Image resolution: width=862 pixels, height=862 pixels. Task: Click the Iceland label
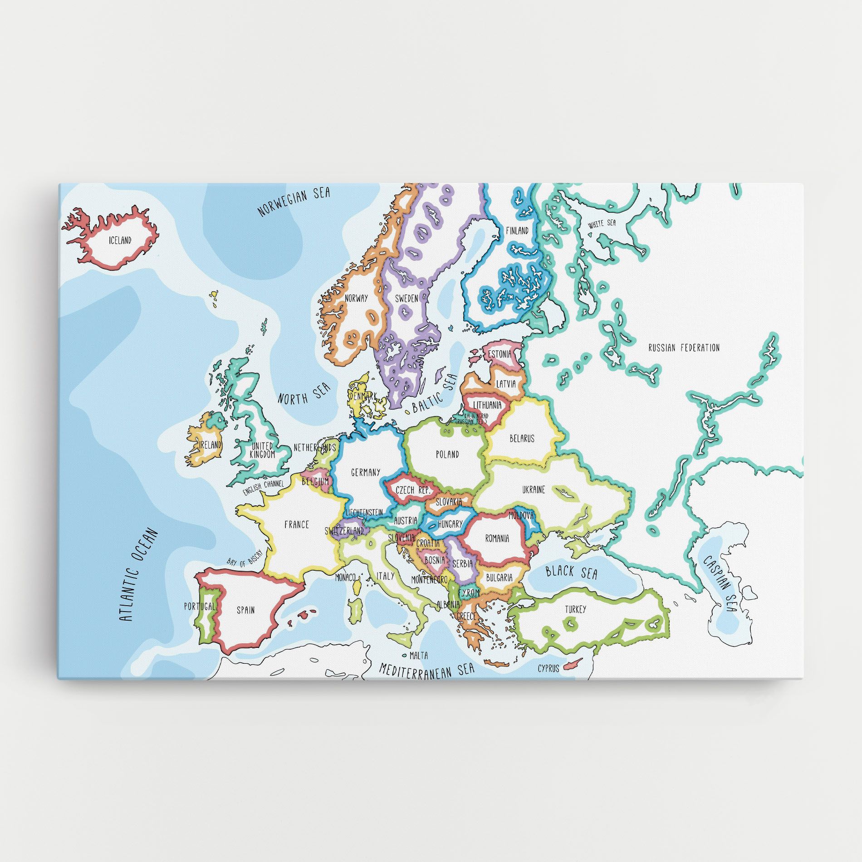pos(120,240)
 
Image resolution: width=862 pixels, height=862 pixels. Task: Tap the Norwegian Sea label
pos(294,202)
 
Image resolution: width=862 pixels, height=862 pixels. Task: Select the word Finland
pos(517,230)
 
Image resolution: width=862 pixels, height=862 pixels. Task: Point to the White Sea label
pos(602,224)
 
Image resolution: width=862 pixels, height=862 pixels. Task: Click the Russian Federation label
pos(684,348)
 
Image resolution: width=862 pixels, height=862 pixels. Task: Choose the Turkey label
pos(575,609)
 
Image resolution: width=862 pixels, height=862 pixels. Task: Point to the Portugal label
pos(199,606)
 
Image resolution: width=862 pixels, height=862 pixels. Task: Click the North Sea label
pos(304,392)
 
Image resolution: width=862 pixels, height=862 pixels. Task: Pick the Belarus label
pos(522,439)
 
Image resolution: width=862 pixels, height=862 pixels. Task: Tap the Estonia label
pos(500,354)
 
